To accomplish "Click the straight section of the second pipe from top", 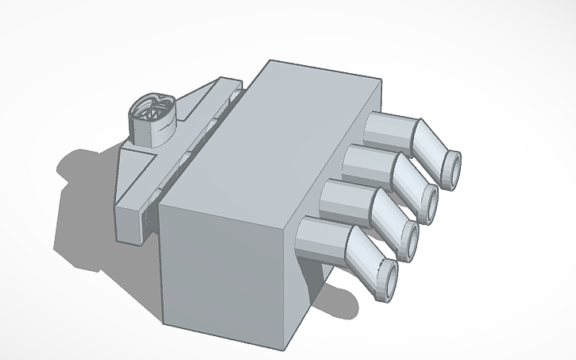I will click(x=366, y=162).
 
